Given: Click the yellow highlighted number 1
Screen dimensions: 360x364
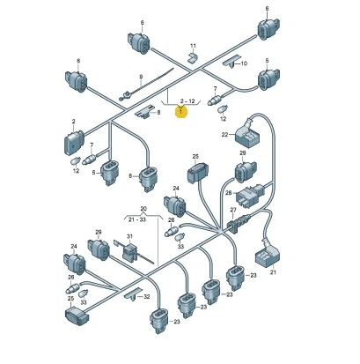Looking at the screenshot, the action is [180, 112].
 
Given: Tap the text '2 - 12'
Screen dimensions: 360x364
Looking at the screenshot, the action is [187, 101].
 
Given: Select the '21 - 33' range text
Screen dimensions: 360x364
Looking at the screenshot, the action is [137, 219].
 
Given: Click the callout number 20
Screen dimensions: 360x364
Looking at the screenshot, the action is [143, 209].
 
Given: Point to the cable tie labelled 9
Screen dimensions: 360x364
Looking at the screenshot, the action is [146, 84].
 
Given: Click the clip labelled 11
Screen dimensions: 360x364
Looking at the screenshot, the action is [193, 57].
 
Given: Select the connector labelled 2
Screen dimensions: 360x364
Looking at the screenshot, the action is [73, 142].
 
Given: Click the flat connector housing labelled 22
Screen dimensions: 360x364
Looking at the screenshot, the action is [248, 135].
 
